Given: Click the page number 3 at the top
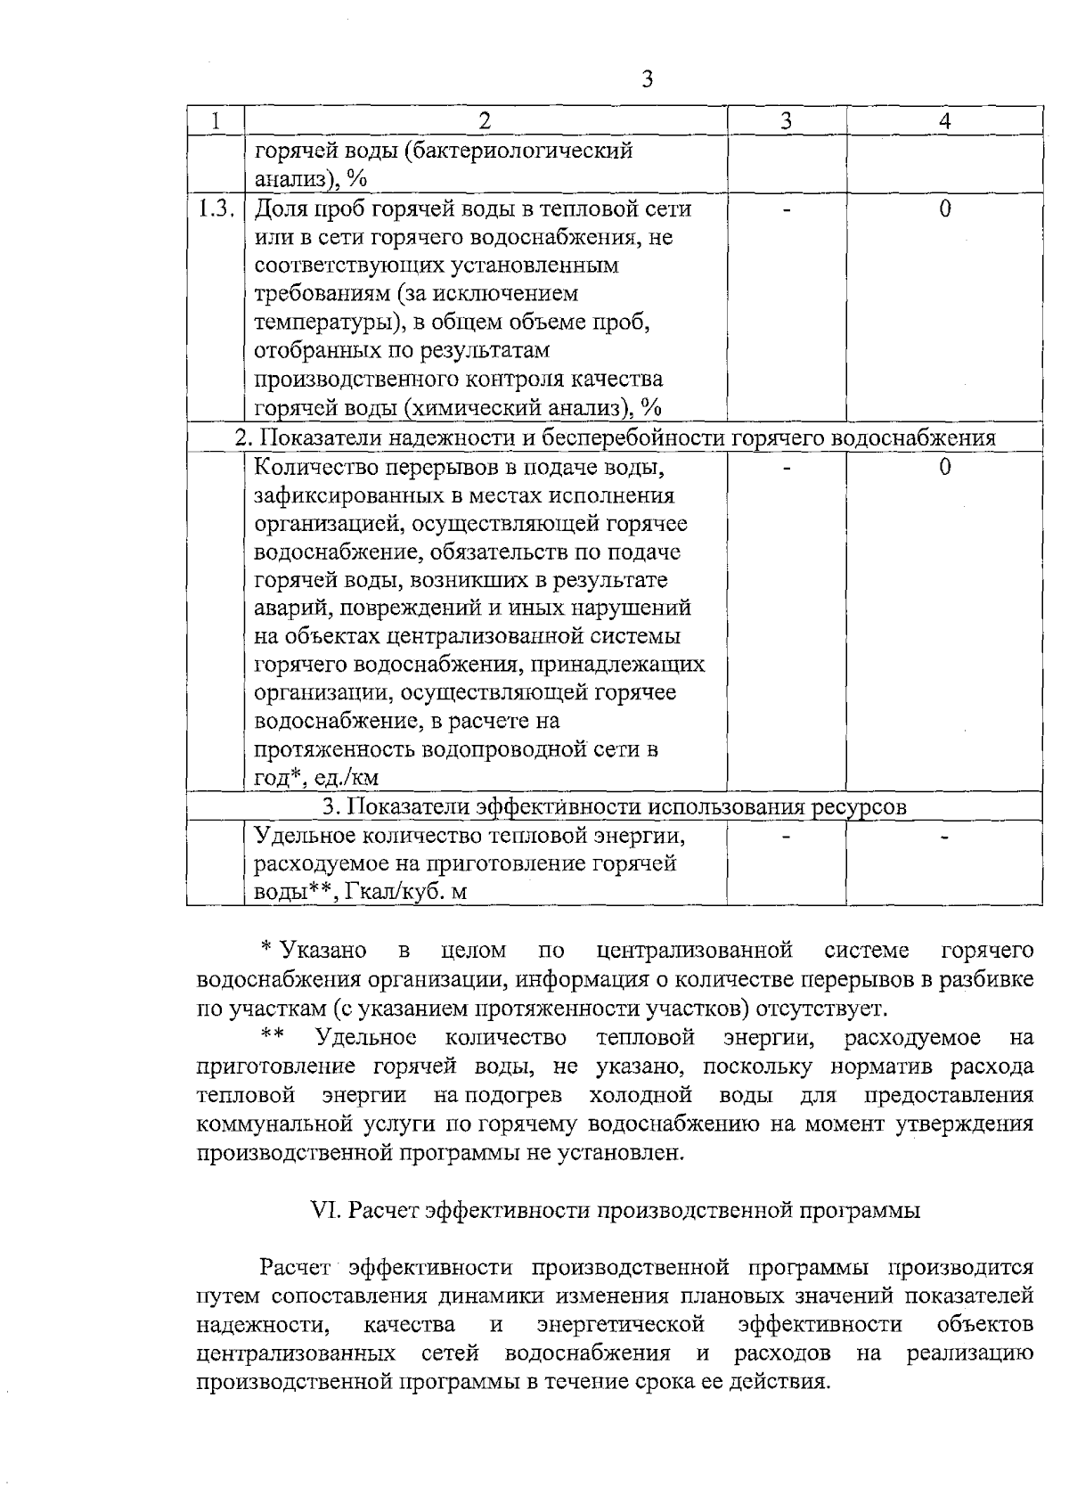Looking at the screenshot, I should (648, 78).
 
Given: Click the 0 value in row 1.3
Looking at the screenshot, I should (944, 209).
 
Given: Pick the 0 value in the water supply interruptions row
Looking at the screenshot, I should (944, 468).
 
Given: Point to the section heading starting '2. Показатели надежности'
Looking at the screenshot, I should (615, 437).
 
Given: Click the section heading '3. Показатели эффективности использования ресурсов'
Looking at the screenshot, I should (615, 807).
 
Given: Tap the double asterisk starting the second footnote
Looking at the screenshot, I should (273, 1035).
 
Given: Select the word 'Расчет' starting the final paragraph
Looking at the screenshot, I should (295, 1267).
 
